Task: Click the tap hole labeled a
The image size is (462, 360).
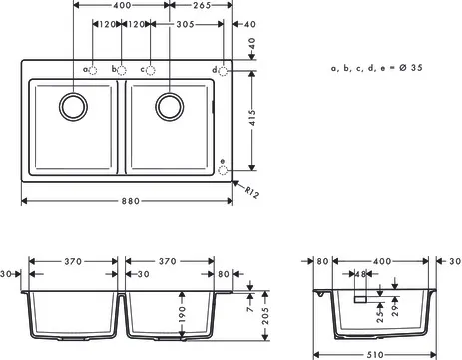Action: point(92,70)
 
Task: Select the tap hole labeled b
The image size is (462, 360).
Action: point(122,70)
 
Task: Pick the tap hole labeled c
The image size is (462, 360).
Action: point(151,70)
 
